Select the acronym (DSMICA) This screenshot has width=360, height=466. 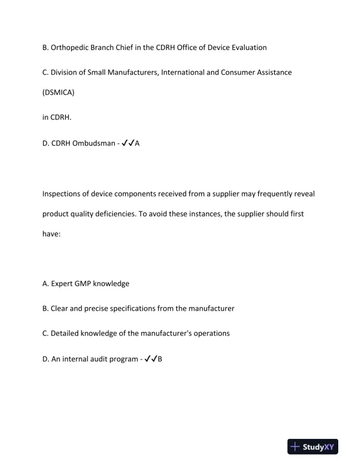(58, 93)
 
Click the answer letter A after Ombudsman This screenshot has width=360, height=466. (137, 142)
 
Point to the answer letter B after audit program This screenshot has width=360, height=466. (160, 358)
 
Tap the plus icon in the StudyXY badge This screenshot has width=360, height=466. (296, 447)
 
